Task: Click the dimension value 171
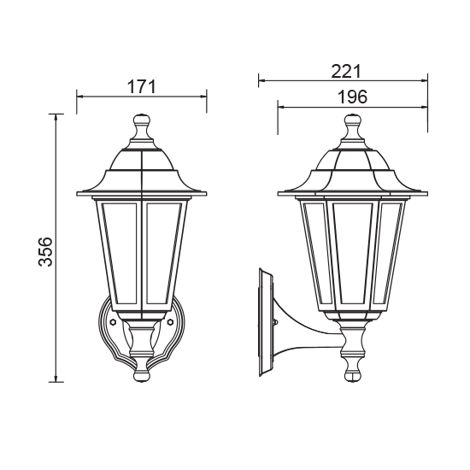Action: tap(143, 85)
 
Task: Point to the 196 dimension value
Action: tap(351, 97)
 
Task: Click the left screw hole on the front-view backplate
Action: tap(112, 324)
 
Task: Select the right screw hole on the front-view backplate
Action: tap(172, 324)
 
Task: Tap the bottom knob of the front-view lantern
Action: tap(142, 370)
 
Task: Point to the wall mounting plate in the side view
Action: tap(264, 321)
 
